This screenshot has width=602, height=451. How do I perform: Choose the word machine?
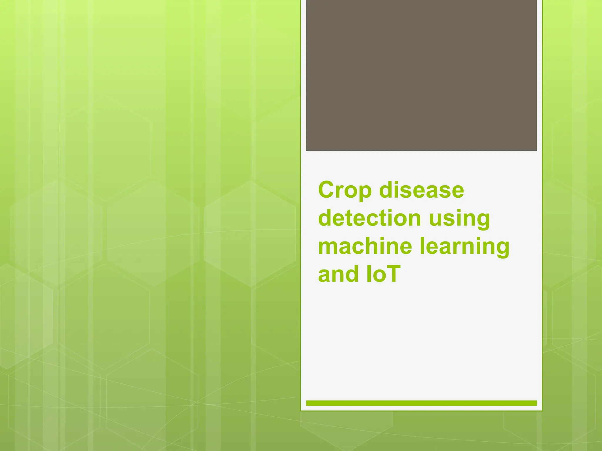pos(365,246)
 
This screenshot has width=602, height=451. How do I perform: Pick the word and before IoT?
pos(338,274)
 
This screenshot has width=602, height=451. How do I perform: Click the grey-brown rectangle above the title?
pos(421,75)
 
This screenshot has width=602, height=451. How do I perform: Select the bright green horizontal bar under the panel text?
pos(421,403)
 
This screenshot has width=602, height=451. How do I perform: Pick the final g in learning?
pos(501,249)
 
